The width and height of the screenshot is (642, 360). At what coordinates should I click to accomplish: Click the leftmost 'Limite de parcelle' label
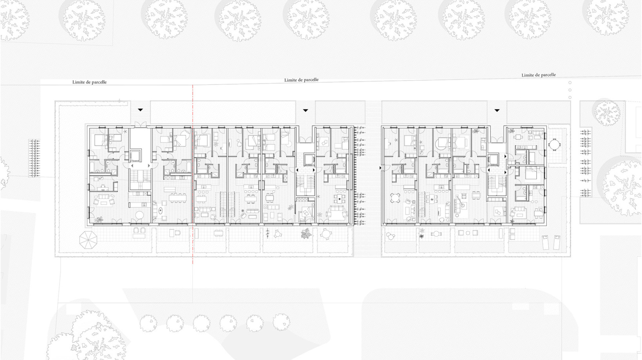pyautogui.click(x=89, y=82)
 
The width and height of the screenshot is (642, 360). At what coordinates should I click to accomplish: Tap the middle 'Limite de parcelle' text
pyautogui.click(x=301, y=80)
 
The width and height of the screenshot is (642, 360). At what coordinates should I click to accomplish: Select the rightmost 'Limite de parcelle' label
pyautogui.click(x=539, y=75)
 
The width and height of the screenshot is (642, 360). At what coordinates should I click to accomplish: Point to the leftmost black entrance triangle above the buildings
pyautogui.click(x=140, y=110)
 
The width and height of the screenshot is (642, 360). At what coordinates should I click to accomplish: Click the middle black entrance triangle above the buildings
pyautogui.click(x=305, y=110)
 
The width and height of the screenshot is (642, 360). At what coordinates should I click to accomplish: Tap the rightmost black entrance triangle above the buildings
pyautogui.click(x=497, y=110)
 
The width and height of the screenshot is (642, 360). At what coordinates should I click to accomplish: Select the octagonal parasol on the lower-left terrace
pyautogui.click(x=88, y=240)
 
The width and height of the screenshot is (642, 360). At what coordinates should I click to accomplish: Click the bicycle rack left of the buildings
pyautogui.click(x=35, y=158)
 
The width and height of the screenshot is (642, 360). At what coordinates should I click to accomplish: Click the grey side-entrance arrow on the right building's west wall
pyautogui.click(x=381, y=168)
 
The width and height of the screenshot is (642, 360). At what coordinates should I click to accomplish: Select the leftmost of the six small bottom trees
pyautogui.click(x=148, y=323)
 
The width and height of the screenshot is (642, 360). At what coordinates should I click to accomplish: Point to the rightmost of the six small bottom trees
pyautogui.click(x=281, y=322)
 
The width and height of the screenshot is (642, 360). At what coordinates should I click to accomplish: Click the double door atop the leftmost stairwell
pyautogui.click(x=140, y=124)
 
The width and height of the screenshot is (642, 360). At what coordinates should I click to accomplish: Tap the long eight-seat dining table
pyautogui.click(x=177, y=198)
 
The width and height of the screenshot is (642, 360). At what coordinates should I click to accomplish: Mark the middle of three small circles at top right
pyautogui.click(x=570, y=90)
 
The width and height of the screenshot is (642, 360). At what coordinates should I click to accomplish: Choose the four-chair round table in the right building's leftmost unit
pyautogui.click(x=395, y=198)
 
